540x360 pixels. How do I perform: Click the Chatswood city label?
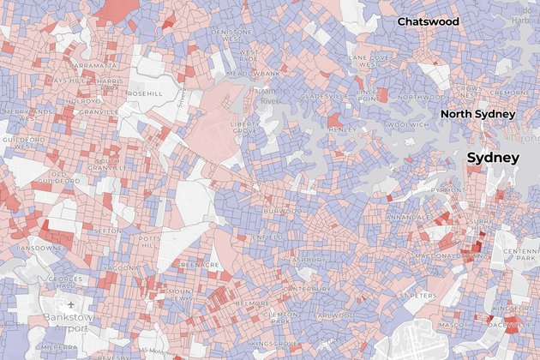click(428, 21)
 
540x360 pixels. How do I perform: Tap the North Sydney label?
click(477, 114)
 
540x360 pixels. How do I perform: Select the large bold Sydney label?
click(492, 158)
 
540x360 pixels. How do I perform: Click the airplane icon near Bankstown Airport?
click(70, 303)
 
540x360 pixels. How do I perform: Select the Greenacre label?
click(199, 265)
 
